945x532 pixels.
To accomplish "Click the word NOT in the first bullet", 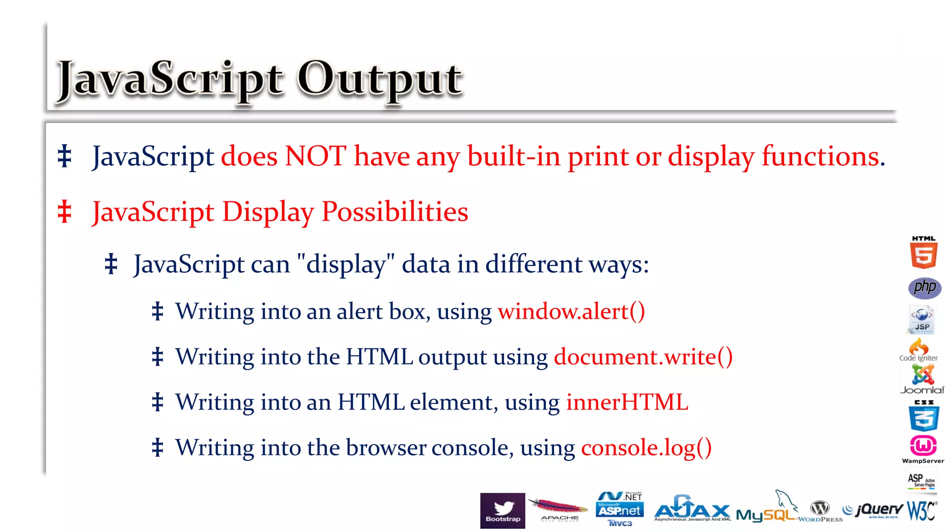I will [315, 156].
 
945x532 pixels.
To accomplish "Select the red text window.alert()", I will [571, 311].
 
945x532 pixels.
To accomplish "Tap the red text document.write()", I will [643, 357].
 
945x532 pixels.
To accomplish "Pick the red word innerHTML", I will [627, 402].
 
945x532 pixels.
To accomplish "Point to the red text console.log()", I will [646, 447].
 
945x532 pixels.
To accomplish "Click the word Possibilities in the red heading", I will [395, 212].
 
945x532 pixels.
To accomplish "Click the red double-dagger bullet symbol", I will [65, 212].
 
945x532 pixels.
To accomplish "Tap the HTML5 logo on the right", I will [923, 253].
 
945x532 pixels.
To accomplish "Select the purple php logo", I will [924, 288].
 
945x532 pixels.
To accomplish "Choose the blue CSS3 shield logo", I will [923, 416].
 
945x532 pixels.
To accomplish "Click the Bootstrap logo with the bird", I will [502, 510].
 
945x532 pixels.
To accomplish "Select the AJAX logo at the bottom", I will [692, 509].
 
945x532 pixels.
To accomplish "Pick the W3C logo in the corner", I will [921, 511].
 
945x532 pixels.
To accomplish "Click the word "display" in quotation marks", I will [346, 265].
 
